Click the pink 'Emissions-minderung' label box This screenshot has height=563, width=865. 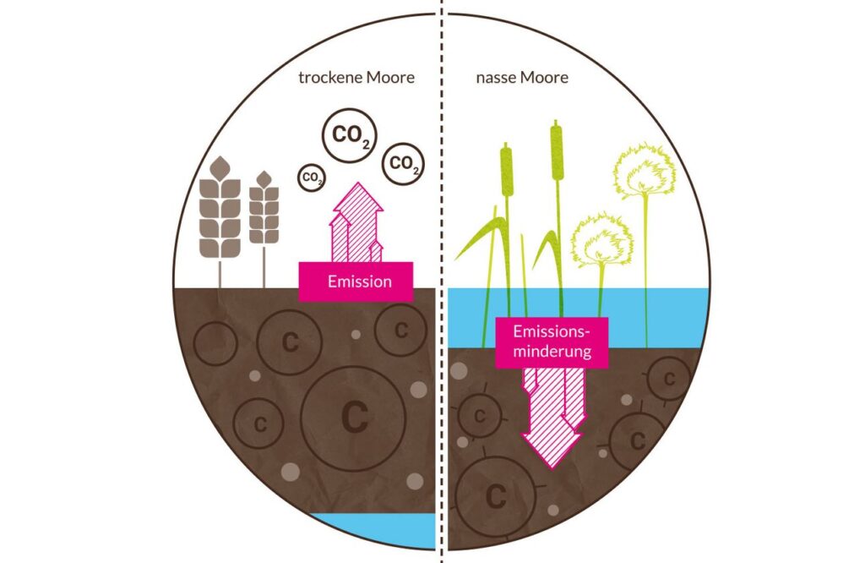pos(552,341)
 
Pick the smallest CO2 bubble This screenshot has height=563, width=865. pos(312,178)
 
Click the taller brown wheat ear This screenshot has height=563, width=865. pos(219,208)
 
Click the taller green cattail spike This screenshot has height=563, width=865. pos(557,153)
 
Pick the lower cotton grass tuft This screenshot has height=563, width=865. pos(602,239)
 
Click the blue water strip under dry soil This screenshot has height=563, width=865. pos(372,526)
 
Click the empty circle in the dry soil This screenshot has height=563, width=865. pos(215,343)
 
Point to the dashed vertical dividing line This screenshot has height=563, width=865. pos(442,254)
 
